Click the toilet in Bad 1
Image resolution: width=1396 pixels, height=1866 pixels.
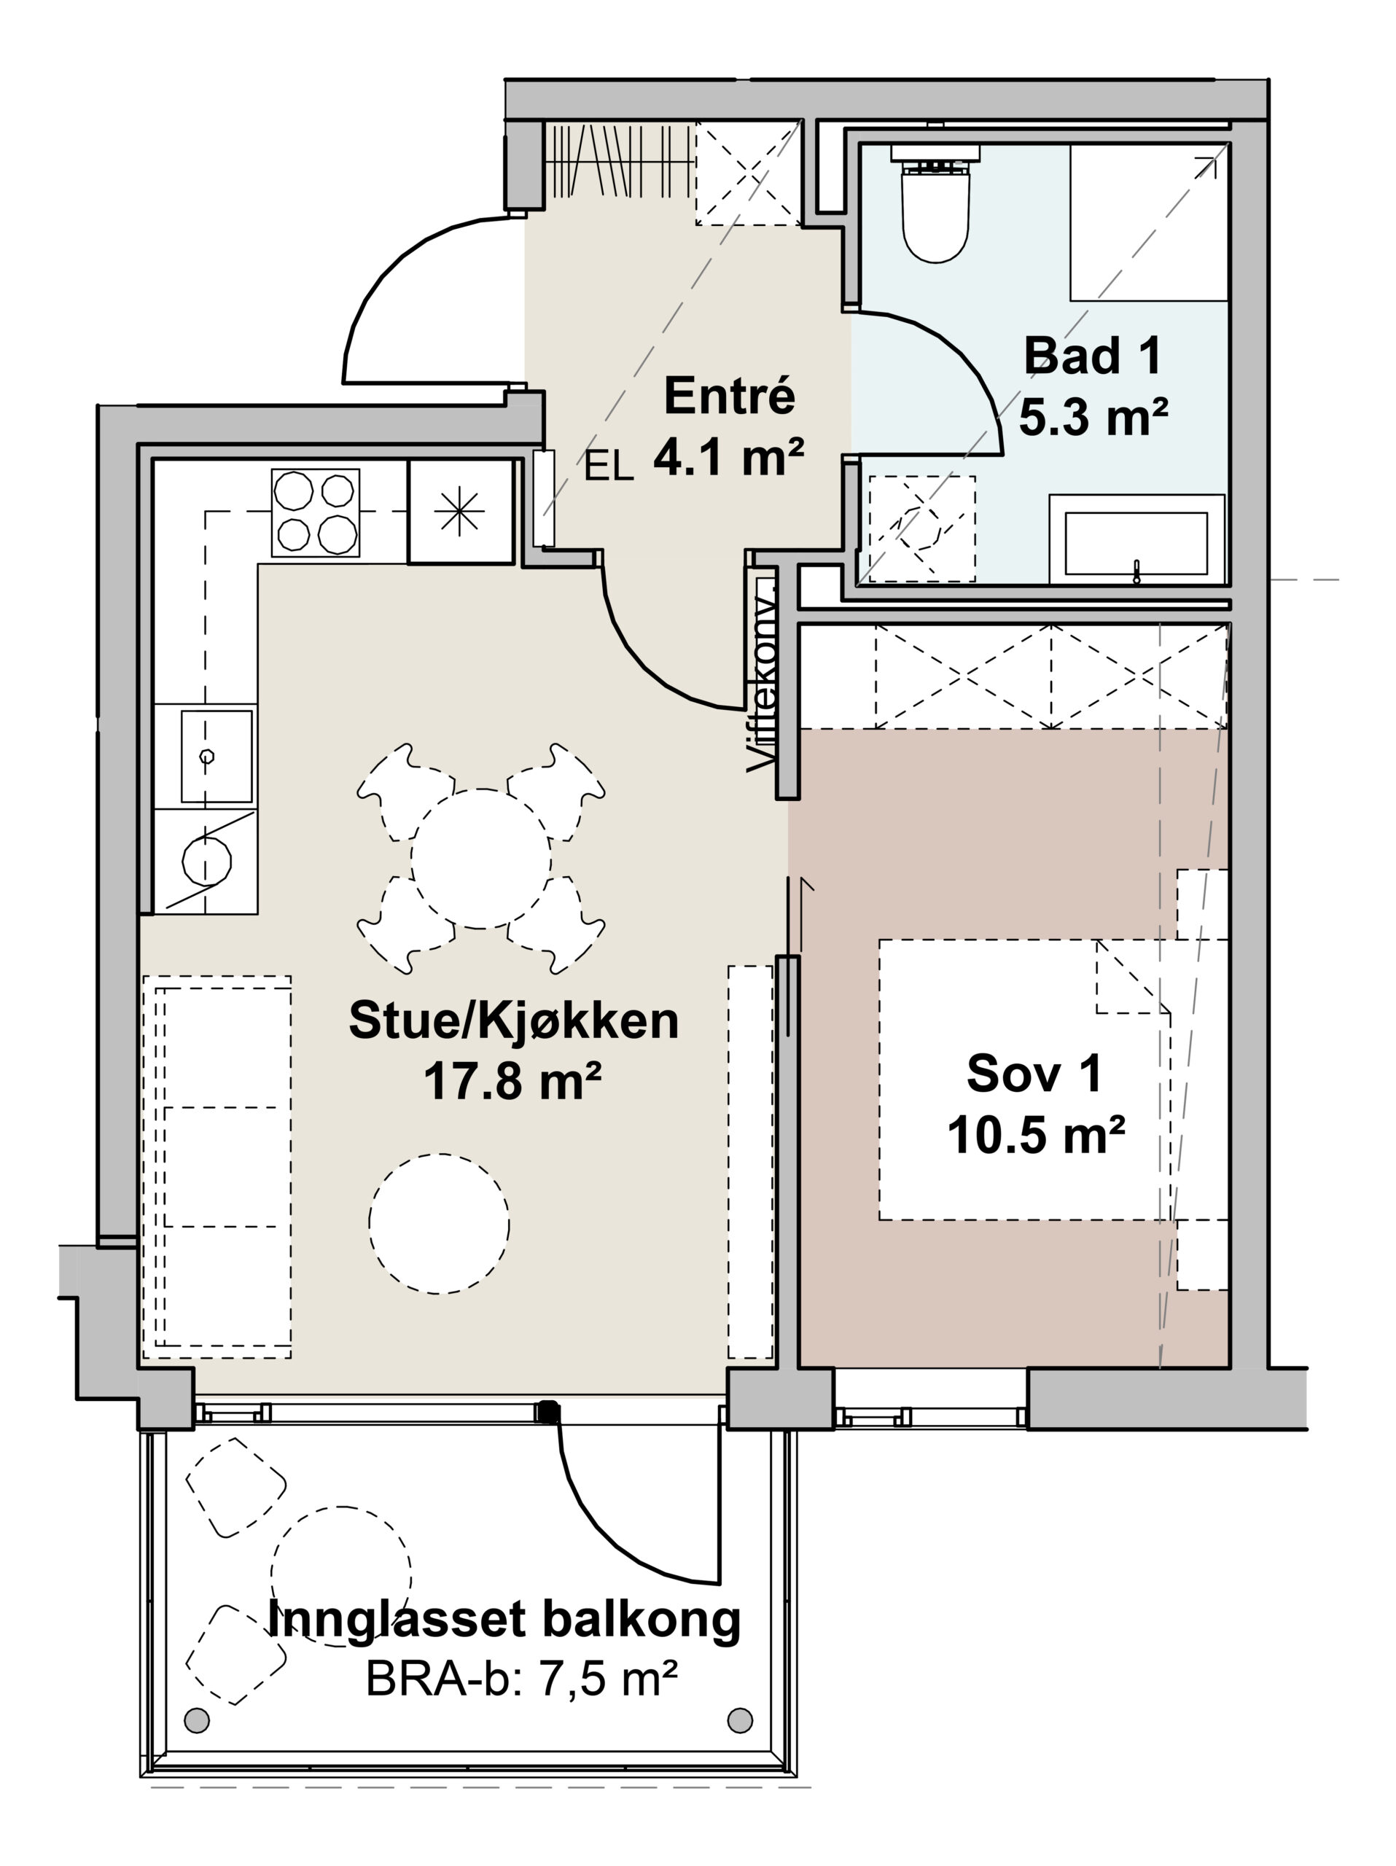tap(935, 205)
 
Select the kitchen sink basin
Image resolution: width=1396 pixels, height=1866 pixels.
tap(217, 756)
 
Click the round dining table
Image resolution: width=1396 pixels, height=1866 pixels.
tap(481, 858)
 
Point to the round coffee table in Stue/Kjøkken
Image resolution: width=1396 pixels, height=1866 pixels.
tap(439, 1223)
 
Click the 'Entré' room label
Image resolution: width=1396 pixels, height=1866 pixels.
tap(729, 396)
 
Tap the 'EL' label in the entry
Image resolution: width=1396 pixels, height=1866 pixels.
tap(609, 466)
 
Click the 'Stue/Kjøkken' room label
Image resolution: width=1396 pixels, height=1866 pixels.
tap(514, 1020)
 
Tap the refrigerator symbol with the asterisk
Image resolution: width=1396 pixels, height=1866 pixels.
tap(461, 511)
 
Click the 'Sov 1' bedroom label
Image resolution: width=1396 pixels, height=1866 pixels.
tap(1034, 1073)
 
